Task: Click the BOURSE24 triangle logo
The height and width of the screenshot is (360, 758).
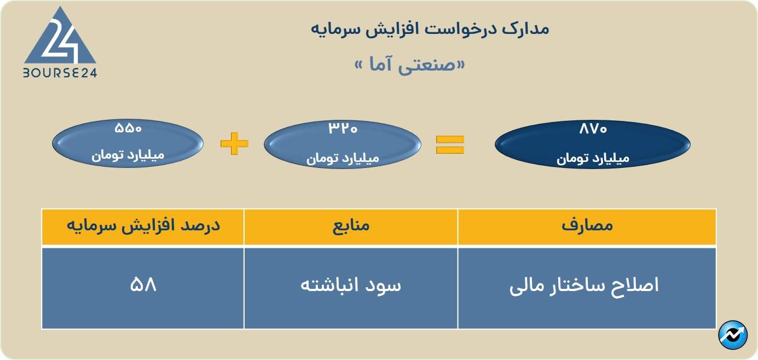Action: pos(60,37)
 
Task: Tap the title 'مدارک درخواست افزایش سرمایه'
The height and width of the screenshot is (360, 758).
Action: pos(430,28)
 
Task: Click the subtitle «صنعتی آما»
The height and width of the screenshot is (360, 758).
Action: pos(410,65)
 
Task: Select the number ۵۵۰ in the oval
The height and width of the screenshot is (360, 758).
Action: pos(128,129)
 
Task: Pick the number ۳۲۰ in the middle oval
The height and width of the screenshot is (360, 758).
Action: pos(343,129)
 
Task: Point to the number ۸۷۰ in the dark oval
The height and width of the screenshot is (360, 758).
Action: pos(593,130)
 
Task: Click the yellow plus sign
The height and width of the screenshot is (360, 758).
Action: pos(234,144)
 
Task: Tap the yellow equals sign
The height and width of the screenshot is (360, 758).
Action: pos(450,144)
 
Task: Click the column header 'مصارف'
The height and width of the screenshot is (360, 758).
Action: pos(587,226)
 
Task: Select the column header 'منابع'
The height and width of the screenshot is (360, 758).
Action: pos(351,226)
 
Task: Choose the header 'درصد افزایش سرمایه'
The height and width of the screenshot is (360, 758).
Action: pos(143,226)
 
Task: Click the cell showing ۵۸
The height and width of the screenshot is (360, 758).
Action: pos(143,286)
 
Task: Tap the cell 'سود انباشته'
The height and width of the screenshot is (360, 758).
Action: pos(351,286)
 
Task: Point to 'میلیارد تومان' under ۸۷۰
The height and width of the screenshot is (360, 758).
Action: pos(593,159)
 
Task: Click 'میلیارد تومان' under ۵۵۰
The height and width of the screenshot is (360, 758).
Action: pos(128,155)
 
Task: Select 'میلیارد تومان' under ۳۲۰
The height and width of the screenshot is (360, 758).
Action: pos(343,159)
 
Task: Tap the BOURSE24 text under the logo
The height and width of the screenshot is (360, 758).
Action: pos(60,73)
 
